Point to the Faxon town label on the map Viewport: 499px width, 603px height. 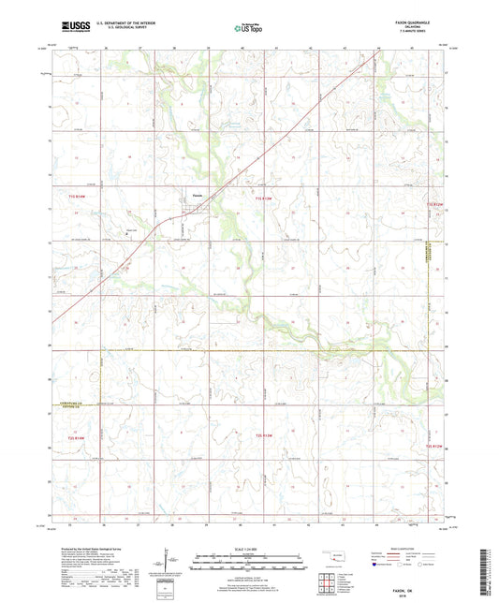pyautogui.click(x=198, y=196)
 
